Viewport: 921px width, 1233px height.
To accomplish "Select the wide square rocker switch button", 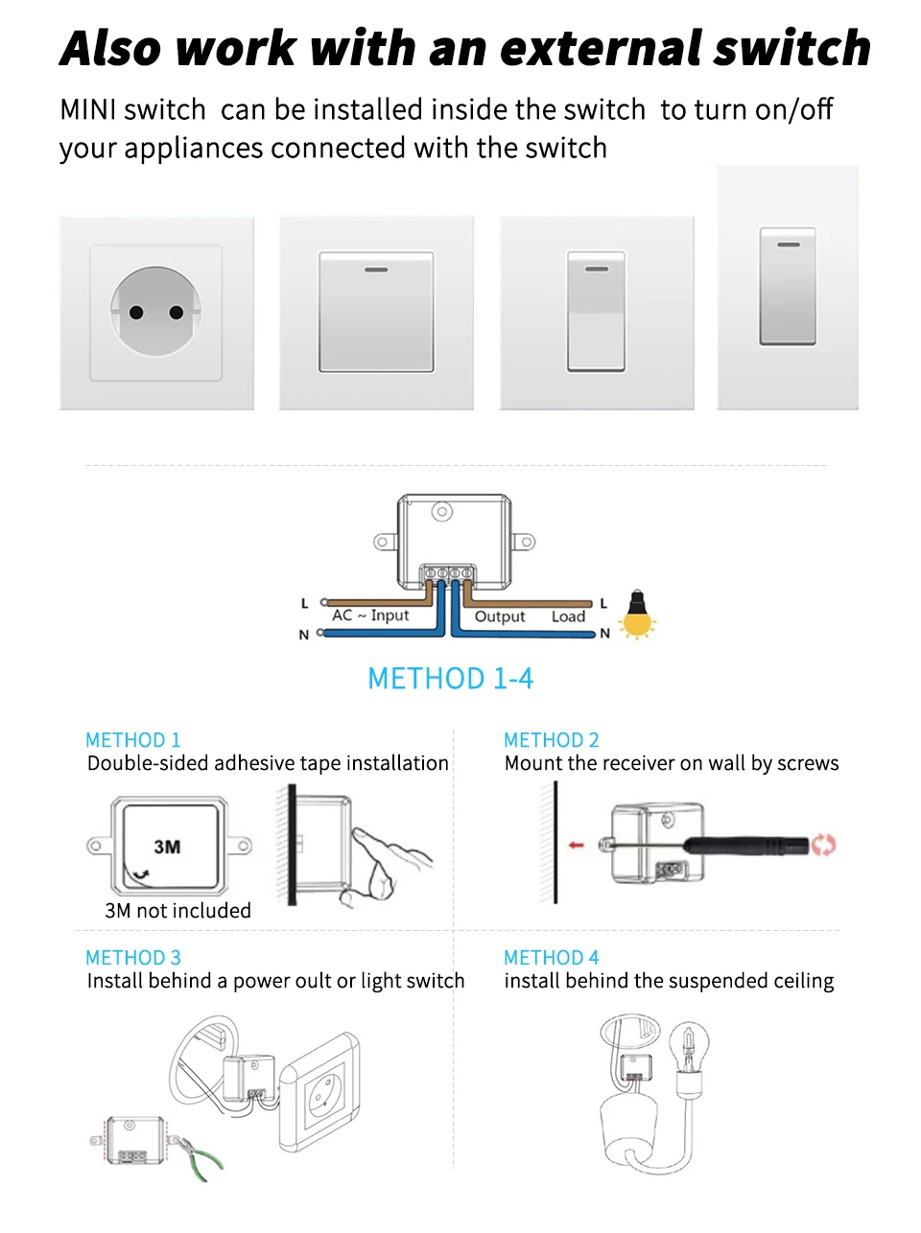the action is coord(376,312).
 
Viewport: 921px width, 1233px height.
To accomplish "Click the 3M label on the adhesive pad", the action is coord(167,847).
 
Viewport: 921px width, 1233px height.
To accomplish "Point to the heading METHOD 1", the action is coord(133,740).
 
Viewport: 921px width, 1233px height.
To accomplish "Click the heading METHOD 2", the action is coord(552,740).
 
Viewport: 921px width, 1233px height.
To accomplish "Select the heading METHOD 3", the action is coord(133,957).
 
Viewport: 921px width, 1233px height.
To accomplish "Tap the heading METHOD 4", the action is coord(552,957).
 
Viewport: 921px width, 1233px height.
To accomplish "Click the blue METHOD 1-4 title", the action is coord(450,678).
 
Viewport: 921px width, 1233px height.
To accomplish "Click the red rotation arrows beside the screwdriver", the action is coord(823,845).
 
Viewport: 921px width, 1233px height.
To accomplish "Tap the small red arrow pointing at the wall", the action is coord(576,845).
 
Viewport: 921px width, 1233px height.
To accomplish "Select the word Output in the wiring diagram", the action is coord(500,616).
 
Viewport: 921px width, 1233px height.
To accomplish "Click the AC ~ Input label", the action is coord(370,616).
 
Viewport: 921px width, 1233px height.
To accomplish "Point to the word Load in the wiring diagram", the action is coord(568,616).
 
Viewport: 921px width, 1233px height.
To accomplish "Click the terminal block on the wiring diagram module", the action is coord(448,573).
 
